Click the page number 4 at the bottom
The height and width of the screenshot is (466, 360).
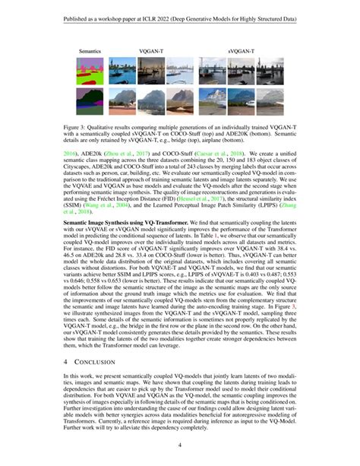tap(180, 445)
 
